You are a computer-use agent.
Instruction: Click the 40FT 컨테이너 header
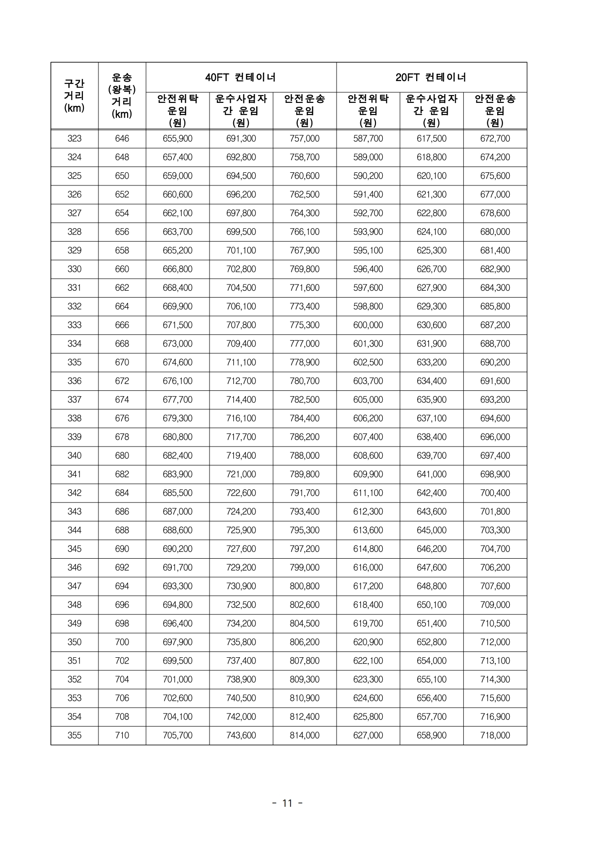(x=241, y=77)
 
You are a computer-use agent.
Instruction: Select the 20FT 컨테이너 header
(x=431, y=77)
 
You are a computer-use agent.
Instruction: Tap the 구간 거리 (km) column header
(x=74, y=96)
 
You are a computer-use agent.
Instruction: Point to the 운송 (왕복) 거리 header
(x=122, y=96)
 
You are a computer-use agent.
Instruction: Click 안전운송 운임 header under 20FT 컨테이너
(x=495, y=110)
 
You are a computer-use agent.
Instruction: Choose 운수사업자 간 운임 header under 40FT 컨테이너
(x=241, y=110)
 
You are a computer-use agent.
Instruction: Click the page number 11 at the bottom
(x=287, y=803)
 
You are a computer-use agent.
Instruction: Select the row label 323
(x=74, y=139)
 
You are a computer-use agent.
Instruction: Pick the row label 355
(x=74, y=735)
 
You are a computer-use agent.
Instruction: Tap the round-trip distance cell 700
(x=122, y=642)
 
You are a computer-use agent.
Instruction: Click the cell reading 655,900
(x=178, y=139)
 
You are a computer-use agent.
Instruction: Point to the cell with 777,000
(x=305, y=344)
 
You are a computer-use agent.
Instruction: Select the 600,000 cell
(x=368, y=325)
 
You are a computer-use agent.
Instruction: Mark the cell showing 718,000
(x=495, y=735)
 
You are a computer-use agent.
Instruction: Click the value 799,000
(x=305, y=567)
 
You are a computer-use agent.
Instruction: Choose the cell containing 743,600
(x=241, y=735)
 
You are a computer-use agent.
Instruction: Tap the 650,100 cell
(x=431, y=605)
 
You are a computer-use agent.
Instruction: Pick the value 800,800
(x=305, y=586)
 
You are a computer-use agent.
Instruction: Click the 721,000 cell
(x=241, y=474)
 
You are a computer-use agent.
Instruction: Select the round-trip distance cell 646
(x=122, y=139)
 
